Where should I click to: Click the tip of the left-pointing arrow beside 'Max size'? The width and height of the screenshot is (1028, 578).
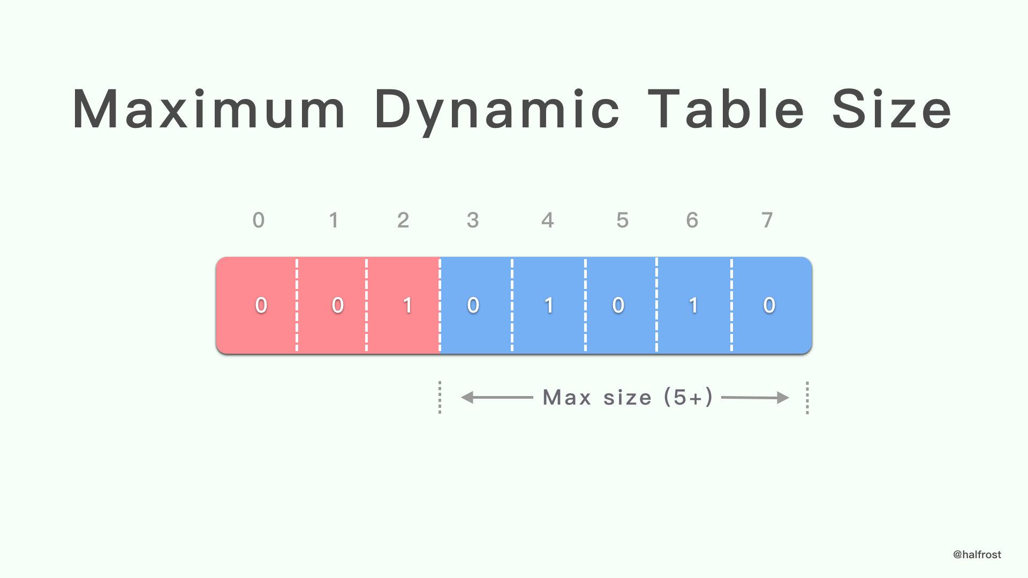tap(462, 398)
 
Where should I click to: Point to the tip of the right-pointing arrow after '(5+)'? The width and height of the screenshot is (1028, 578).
tap(789, 398)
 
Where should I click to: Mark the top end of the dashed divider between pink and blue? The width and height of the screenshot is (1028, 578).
tap(440, 258)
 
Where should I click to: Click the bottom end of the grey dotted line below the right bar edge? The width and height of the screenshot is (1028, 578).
tap(807, 414)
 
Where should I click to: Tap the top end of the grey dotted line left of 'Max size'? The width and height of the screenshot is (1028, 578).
tap(440, 382)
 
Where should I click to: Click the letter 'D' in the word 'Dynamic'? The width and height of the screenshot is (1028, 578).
tap(395, 109)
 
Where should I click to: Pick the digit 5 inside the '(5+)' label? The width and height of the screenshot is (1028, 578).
tap(679, 398)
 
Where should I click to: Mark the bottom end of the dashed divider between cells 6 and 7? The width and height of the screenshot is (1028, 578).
tap(731, 352)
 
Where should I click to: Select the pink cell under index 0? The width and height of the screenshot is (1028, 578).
tap(256, 305)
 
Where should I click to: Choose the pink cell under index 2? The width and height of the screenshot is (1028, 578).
tap(403, 305)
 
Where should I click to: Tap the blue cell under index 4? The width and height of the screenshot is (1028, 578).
tap(549, 305)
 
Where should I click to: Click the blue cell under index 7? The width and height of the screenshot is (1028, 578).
tap(772, 305)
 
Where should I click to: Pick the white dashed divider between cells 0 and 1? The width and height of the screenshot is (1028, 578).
tap(297, 305)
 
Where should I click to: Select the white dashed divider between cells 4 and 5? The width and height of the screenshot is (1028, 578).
tap(585, 305)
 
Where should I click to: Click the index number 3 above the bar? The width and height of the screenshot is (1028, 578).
tap(473, 220)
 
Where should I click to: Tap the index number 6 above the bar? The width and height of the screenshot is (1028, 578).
tap(692, 220)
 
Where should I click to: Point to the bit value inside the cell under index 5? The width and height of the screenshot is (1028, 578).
tap(618, 305)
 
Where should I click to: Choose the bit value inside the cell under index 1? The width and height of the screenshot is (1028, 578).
tap(337, 305)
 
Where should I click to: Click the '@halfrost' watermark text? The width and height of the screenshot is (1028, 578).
tap(977, 554)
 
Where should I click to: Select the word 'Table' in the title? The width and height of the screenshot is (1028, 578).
tap(727, 109)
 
